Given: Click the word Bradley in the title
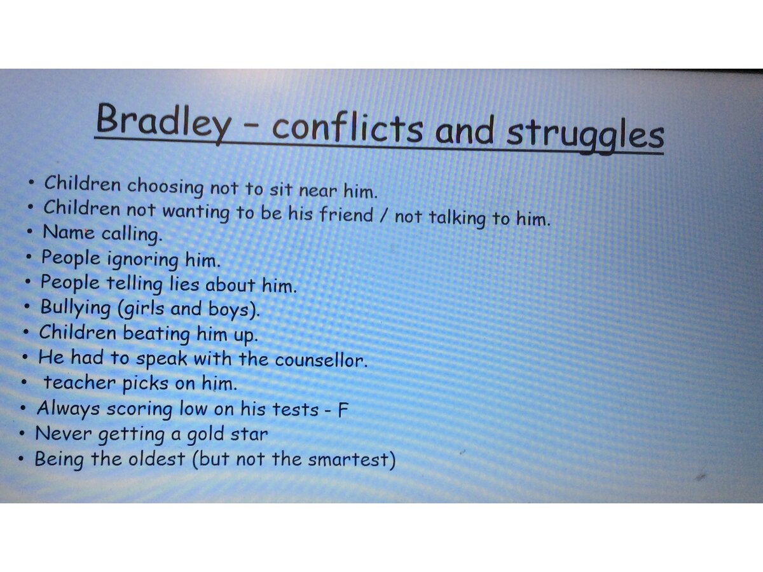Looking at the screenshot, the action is coord(163,121).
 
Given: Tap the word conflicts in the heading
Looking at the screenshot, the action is coord(348,128).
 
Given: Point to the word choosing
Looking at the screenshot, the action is coord(165,186).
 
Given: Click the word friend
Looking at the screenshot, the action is coord(346,214).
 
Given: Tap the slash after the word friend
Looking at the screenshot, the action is coord(384,216).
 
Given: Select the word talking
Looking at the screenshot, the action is coord(457,218).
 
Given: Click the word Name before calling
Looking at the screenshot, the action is coord(68,231).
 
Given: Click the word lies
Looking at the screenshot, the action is coord(184,283).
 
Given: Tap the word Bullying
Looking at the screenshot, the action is coord(76,308).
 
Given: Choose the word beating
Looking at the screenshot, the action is coord(156,334).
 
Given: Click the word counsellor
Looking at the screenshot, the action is coord(321,360).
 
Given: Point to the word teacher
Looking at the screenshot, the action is coord(79,383).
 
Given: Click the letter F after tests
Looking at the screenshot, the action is coord(342,409).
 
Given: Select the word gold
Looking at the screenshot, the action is coord(205,435).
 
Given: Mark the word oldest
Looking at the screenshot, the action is coord(156,458).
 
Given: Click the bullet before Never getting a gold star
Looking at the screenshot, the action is coord(22,433).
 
